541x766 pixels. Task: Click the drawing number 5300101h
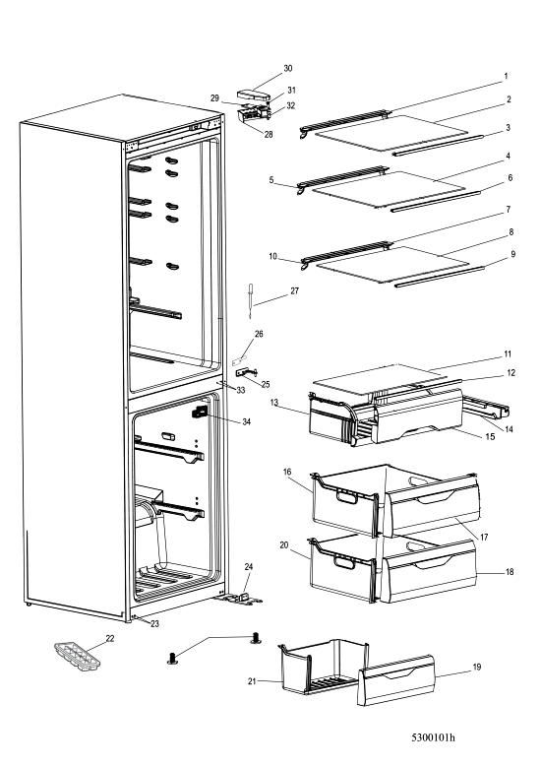coord(433,737)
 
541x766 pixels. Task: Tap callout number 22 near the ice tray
coord(110,638)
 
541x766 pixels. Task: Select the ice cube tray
coord(77,656)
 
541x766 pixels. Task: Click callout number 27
coord(294,290)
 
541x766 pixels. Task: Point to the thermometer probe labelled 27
coord(252,301)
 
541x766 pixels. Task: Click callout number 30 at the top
coord(288,68)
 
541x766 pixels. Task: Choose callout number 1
coord(506,76)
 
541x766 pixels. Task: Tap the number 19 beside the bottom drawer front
coord(476,667)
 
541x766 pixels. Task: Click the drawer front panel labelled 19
coord(396,680)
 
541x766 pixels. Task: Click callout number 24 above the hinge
coord(249,567)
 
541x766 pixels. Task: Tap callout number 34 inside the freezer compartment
coord(247,421)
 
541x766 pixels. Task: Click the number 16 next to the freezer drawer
coord(287,472)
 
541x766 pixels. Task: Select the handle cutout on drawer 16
coord(347,497)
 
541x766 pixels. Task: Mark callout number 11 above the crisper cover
coord(508,354)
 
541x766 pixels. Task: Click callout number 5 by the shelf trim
coord(271,180)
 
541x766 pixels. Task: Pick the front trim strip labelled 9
coord(439,277)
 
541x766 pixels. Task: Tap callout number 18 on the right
coord(510,572)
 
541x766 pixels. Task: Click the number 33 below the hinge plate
coord(241,390)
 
